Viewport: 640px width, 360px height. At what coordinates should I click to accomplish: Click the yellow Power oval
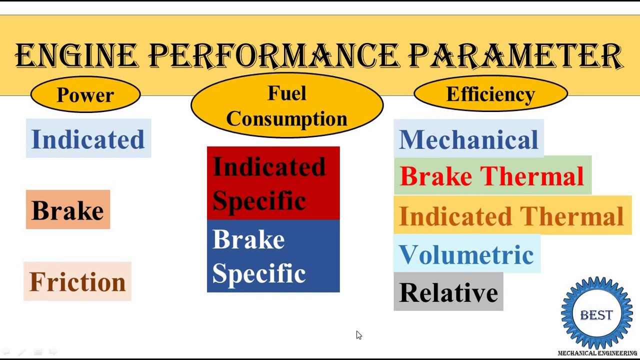[x=85, y=95]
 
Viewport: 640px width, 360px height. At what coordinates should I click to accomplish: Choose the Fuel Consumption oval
[x=286, y=105]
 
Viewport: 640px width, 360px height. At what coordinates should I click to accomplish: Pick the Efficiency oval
[x=490, y=94]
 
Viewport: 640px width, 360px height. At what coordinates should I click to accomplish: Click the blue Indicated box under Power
[x=88, y=139]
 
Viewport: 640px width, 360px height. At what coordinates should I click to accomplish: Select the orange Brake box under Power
[x=68, y=210]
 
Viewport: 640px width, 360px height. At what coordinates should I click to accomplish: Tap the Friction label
[x=77, y=281]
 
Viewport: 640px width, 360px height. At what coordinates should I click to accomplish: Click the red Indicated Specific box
[x=273, y=183]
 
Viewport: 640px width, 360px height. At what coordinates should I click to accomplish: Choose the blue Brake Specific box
[x=273, y=256]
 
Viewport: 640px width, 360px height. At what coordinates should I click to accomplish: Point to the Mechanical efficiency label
[x=468, y=139]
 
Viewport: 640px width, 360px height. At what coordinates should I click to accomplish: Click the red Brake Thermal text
[x=492, y=176]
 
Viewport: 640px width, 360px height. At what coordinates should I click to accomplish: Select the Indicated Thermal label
[x=511, y=216]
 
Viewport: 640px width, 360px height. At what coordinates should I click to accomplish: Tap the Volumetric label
[x=466, y=254]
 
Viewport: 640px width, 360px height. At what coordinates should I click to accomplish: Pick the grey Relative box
[x=448, y=292]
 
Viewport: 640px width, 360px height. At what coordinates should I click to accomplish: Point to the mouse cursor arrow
[x=358, y=335]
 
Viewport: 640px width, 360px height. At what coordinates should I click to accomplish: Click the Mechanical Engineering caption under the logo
[x=597, y=353]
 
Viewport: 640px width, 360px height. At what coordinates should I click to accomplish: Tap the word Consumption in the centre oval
[x=286, y=119]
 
